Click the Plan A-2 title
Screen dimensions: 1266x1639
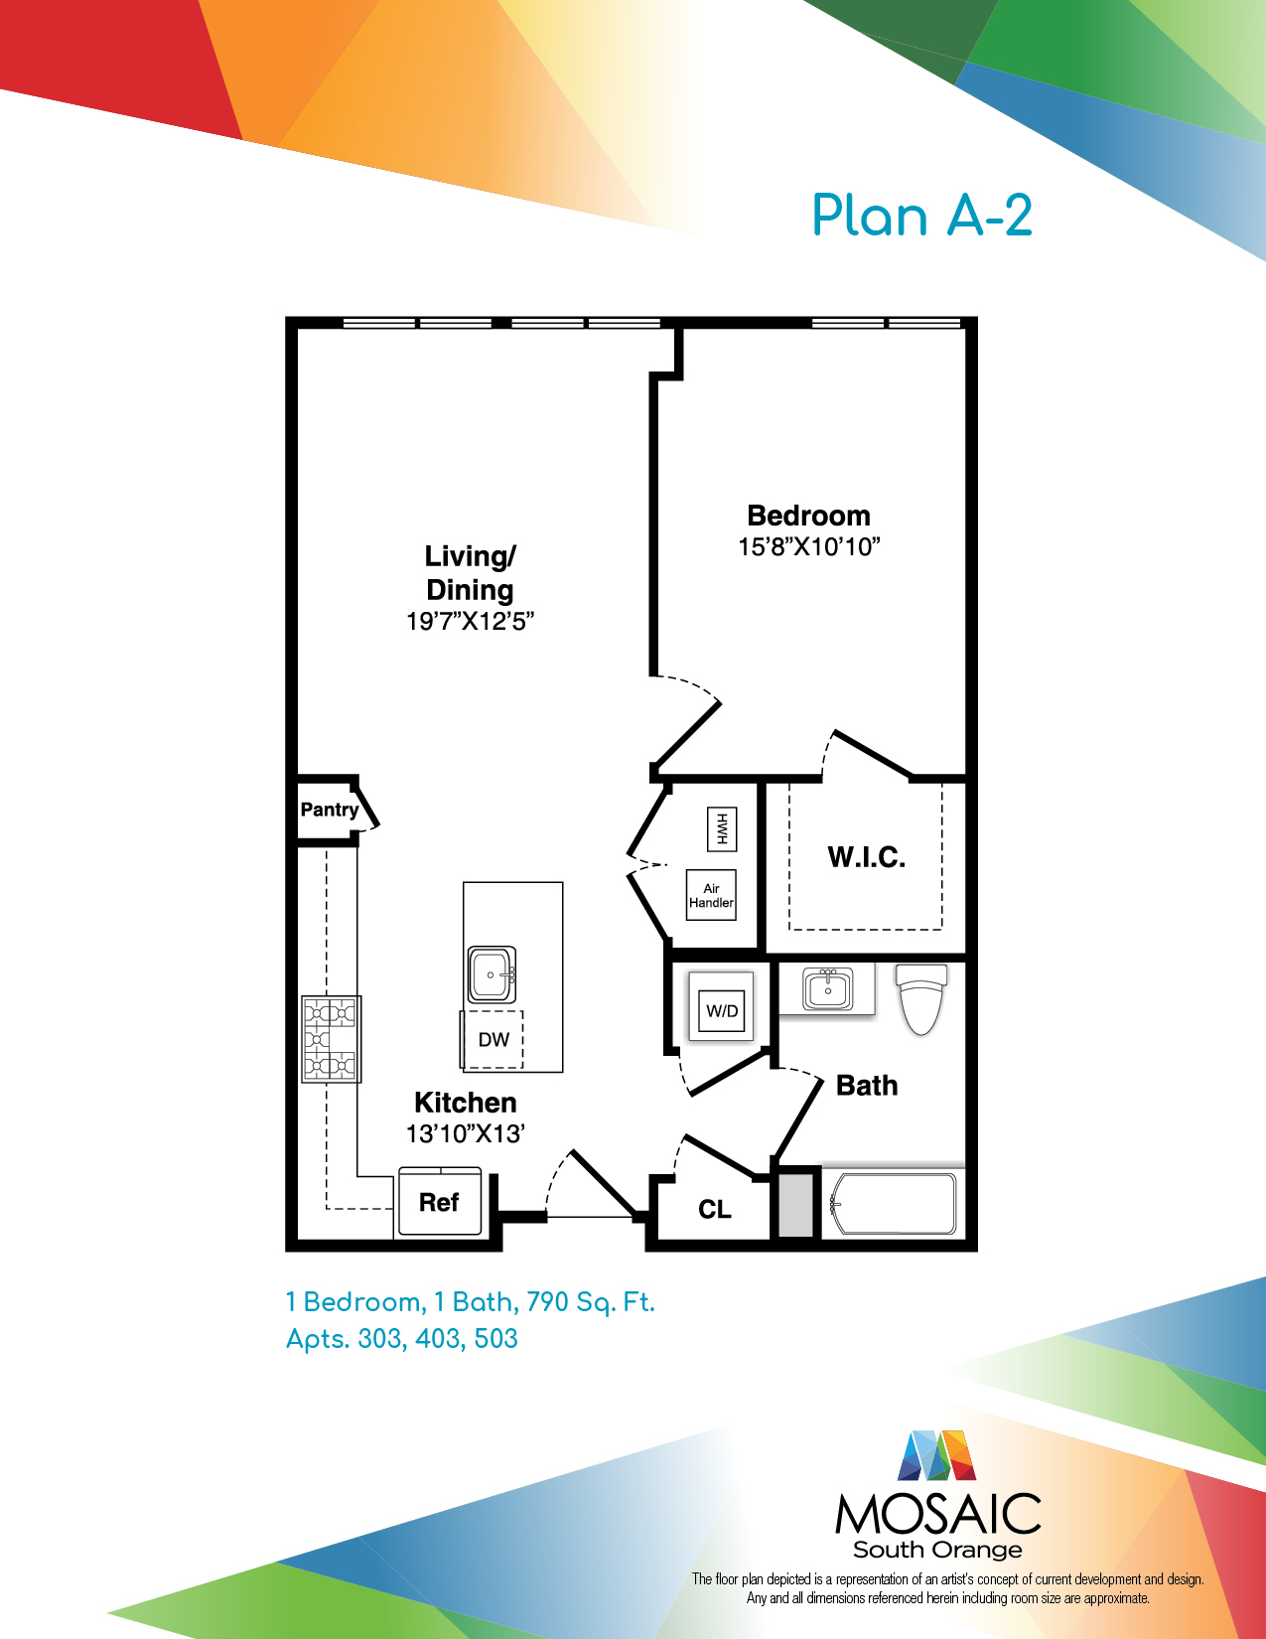point(921,216)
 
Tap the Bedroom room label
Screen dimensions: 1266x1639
point(808,516)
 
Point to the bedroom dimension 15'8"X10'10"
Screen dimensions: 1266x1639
point(809,547)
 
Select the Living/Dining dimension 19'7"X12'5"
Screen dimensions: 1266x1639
point(470,622)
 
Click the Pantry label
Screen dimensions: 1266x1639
point(329,810)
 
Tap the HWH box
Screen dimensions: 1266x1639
point(722,828)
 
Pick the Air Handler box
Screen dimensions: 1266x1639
point(711,895)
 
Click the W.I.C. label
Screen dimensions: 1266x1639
point(867,857)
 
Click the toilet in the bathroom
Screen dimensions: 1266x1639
point(920,998)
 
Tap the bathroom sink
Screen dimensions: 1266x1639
point(827,988)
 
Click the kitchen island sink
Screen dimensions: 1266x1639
point(492,974)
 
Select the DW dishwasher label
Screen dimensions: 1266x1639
point(493,1040)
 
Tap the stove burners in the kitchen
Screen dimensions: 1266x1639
point(331,1039)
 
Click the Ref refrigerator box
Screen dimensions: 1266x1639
point(440,1201)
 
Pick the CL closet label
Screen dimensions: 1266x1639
point(714,1210)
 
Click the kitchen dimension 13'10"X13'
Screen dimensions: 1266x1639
point(466,1134)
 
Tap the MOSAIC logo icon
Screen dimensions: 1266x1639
point(936,1455)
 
